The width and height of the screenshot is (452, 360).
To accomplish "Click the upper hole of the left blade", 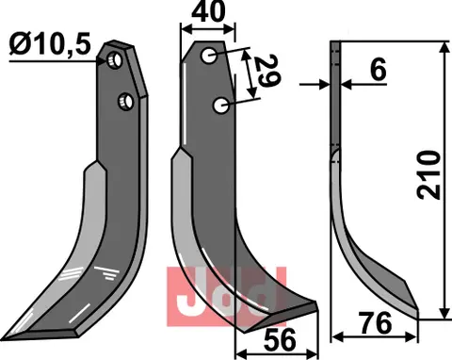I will click(114, 61).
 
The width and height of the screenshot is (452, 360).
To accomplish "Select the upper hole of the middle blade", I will click(209, 57).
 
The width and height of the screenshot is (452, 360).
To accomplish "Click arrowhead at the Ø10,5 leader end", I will click(106, 60).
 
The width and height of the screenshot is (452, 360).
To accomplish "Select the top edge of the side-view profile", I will click(332, 44).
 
